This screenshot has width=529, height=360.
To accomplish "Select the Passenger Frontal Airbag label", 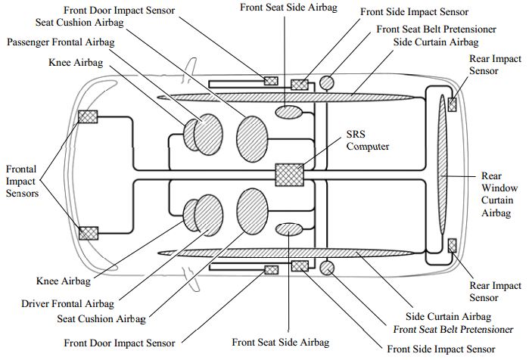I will coord(61,42).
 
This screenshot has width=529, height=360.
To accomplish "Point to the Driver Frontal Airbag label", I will coord(68,303).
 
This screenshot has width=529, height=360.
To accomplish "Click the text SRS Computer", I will coord(368,140).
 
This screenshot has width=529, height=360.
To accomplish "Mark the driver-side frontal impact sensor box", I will coord(89,232).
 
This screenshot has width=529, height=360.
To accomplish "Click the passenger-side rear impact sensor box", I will coord(452,104).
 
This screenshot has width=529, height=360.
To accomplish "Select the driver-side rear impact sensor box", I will coord(452,244).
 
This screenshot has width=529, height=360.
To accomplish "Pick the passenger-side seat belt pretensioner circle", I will coord(327,82).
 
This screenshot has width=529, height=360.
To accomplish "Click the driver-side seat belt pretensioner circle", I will coord(327,267).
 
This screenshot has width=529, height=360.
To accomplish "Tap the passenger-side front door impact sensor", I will coord(270,81).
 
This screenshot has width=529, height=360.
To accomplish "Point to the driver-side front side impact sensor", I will coord(300,265).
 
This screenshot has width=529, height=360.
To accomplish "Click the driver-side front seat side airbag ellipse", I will coord(288,229).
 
